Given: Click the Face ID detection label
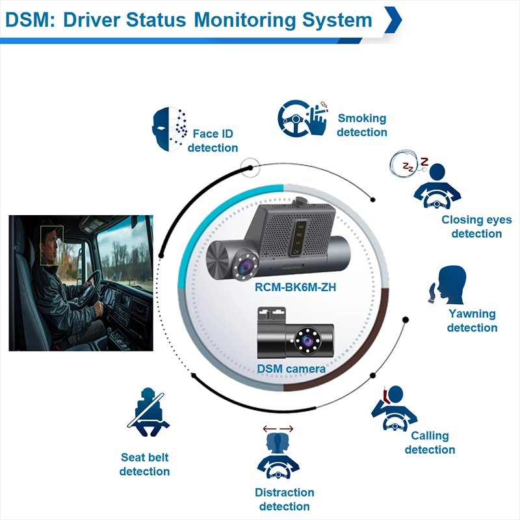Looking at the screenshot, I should click(x=213, y=141).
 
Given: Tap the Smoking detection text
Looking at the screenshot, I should click(x=362, y=125).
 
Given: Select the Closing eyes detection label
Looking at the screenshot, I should click(x=476, y=227).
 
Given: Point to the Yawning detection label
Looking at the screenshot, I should click(x=472, y=320).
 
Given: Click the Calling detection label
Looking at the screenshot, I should click(x=430, y=443).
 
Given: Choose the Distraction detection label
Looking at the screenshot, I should click(x=285, y=499).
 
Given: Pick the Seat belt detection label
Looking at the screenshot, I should click(x=145, y=464).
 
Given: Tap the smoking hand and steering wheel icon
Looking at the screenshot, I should click(x=303, y=118).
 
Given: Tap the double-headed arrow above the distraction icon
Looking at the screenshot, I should click(x=278, y=428).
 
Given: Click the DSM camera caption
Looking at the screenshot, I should click(x=291, y=369).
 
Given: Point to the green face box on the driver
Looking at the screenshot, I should click(x=51, y=245).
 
